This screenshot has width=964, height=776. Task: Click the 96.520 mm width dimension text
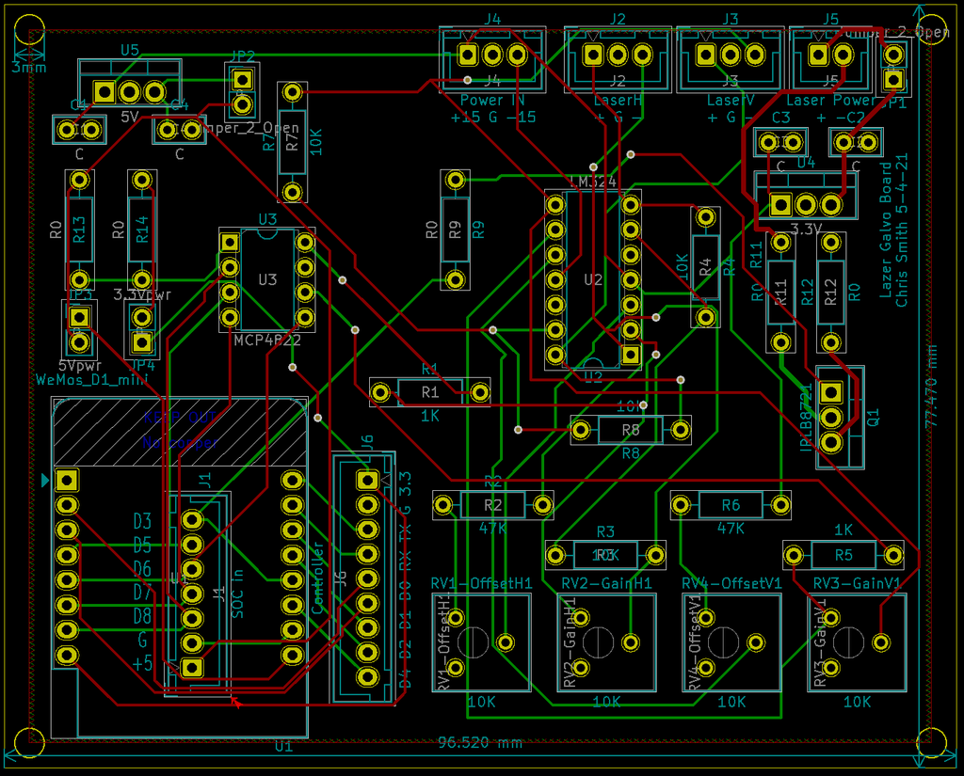point(480,743)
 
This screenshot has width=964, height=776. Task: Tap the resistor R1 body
point(430,392)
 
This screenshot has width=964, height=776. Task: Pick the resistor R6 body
point(731,506)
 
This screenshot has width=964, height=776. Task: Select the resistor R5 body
point(843,554)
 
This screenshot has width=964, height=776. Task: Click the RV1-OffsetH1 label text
point(481,583)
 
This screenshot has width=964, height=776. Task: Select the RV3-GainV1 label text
point(857,583)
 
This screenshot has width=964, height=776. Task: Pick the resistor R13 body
point(80,230)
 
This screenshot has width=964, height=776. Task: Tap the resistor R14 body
point(142,230)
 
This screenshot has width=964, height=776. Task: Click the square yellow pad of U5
point(104,92)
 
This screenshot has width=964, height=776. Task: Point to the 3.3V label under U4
point(807,229)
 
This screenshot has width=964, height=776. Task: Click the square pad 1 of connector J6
point(367,481)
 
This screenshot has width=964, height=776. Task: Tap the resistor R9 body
point(455,230)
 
